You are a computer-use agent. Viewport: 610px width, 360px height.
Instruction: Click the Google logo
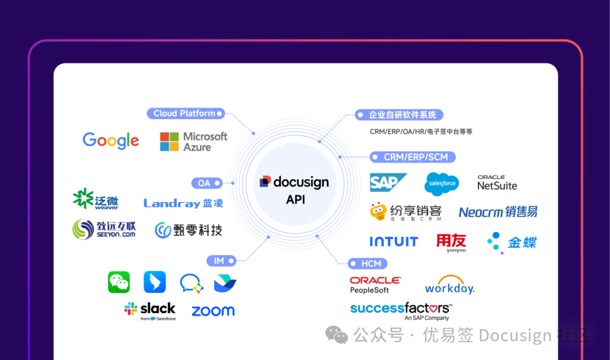click(x=111, y=141)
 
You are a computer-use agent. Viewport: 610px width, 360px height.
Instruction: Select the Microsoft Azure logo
click(x=193, y=141)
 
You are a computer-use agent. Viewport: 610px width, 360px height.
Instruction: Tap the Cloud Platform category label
click(x=185, y=114)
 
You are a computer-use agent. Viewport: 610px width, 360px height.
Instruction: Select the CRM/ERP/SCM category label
click(x=412, y=157)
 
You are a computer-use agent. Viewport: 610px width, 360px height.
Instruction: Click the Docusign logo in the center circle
click(x=294, y=182)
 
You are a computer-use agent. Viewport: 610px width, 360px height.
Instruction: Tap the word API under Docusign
click(x=295, y=200)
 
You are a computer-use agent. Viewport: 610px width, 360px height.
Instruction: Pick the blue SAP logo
click(x=388, y=183)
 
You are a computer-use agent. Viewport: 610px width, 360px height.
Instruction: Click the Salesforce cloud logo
click(x=442, y=184)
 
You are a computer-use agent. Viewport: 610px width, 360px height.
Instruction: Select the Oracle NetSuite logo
click(x=497, y=183)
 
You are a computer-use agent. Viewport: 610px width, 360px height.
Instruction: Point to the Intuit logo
click(x=394, y=242)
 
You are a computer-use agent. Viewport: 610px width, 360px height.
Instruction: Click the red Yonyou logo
click(x=451, y=242)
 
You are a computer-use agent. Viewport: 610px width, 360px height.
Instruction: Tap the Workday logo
click(x=450, y=285)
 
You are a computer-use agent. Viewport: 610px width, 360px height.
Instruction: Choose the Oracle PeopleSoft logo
click(x=376, y=285)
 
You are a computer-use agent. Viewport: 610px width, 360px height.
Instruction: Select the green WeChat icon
click(x=119, y=282)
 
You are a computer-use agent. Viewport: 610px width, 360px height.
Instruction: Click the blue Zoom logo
click(x=213, y=311)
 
